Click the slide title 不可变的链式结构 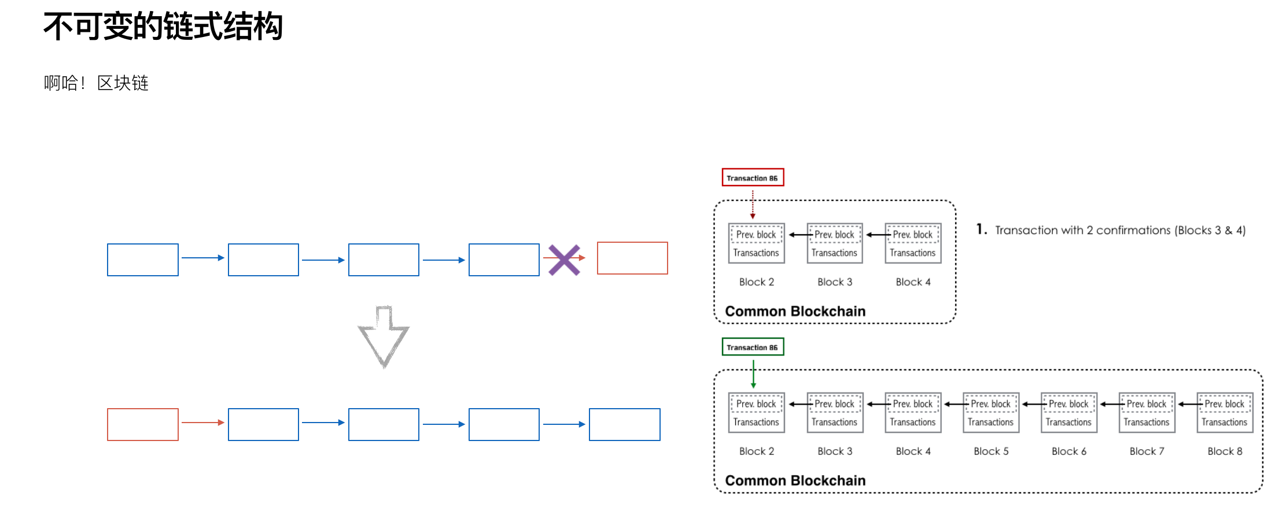click(x=163, y=27)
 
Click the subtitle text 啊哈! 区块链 click(x=96, y=83)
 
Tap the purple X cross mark click(x=564, y=260)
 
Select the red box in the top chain click(x=632, y=258)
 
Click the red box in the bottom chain click(x=143, y=425)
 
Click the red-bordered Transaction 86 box click(x=753, y=177)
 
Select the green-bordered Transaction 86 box click(x=753, y=347)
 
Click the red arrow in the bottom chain click(x=203, y=423)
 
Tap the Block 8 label click(x=1225, y=451)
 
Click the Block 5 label click(x=991, y=451)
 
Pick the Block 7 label click(x=1147, y=451)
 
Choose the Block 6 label click(x=1069, y=451)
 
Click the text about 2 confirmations click(x=1120, y=230)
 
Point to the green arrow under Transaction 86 click(x=753, y=374)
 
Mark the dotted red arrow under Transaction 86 click(x=753, y=204)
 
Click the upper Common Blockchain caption click(x=795, y=312)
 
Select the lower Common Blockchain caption click(x=795, y=481)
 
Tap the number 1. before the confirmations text click(x=981, y=229)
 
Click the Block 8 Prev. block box click(x=1224, y=404)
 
